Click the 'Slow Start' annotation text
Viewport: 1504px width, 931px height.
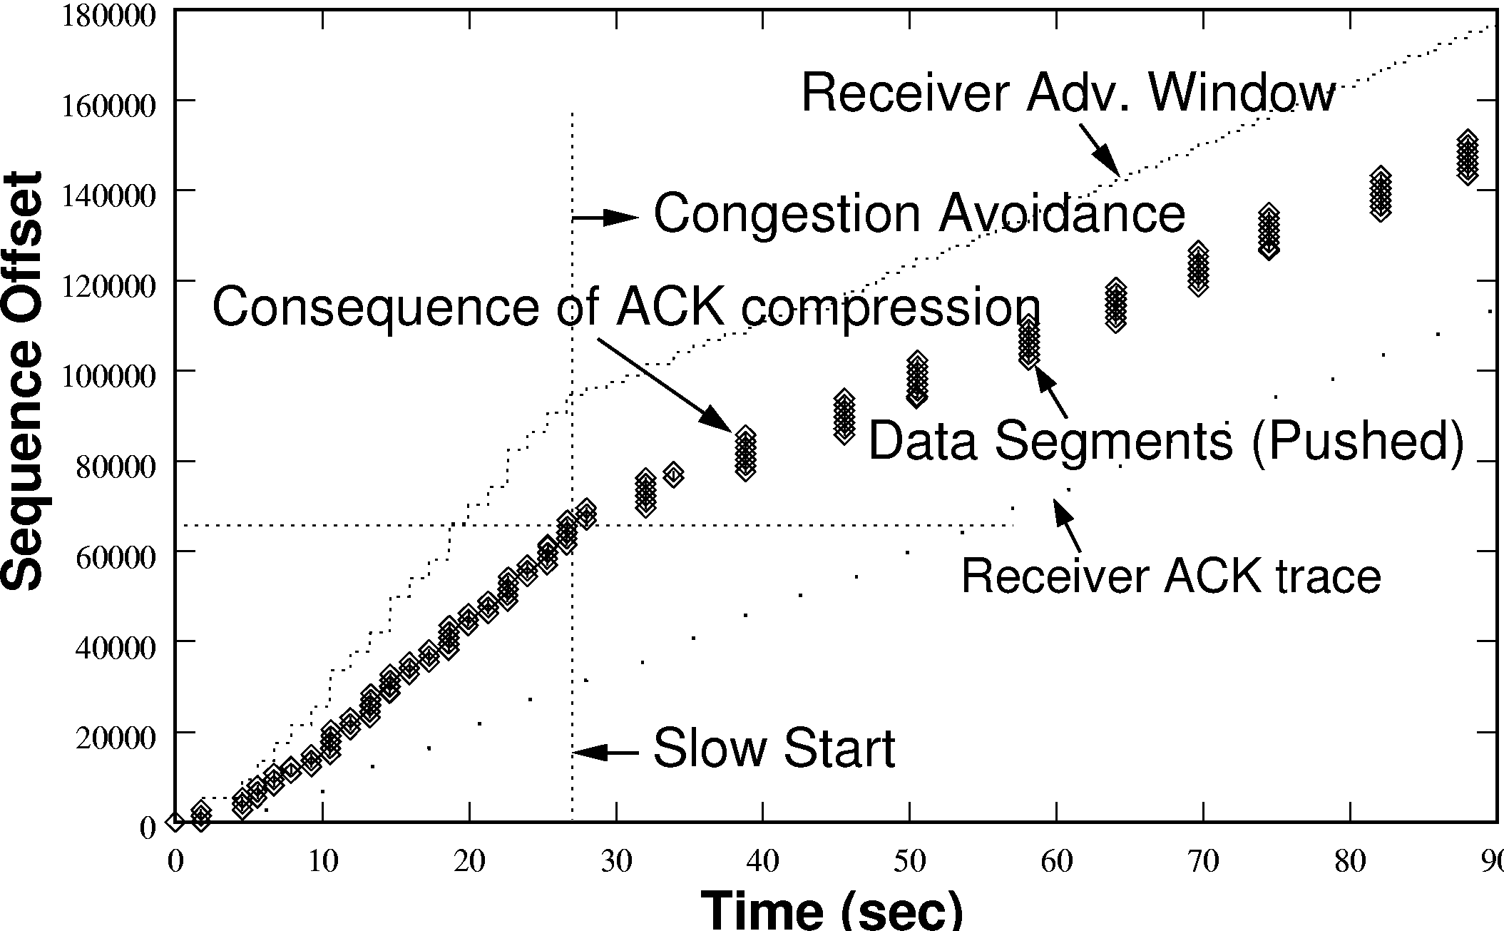click(x=774, y=749)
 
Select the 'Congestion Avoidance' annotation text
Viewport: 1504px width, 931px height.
click(x=919, y=214)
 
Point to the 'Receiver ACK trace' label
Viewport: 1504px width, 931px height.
click(x=1171, y=576)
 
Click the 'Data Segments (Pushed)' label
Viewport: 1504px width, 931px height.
click(x=1166, y=441)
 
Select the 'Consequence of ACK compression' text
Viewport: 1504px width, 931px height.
click(x=626, y=308)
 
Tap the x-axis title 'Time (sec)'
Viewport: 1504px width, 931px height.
click(x=832, y=910)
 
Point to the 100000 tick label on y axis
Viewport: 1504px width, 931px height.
click(x=108, y=376)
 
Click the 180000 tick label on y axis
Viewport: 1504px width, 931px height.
click(x=108, y=15)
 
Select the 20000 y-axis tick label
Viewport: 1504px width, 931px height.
click(x=115, y=737)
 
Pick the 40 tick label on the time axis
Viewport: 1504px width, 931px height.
click(x=763, y=862)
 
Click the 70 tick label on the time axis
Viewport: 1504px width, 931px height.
click(x=1203, y=862)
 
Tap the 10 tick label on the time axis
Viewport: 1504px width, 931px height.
click(x=322, y=862)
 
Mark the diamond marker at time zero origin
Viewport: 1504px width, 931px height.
click(x=175, y=822)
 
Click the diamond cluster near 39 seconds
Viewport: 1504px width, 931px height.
click(x=746, y=454)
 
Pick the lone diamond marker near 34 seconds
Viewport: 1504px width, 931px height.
click(x=673, y=474)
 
